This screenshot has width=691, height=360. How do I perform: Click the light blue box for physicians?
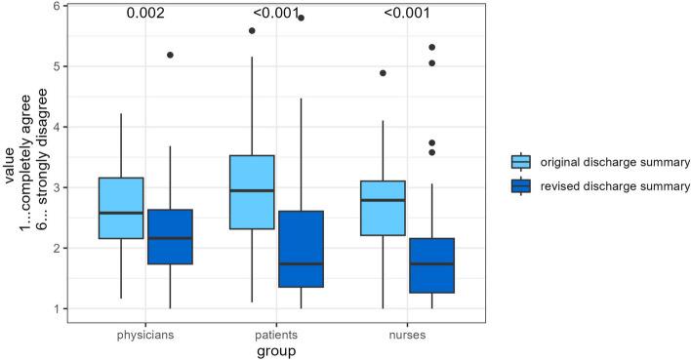click(x=121, y=208)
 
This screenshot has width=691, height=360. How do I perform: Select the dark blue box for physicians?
click(x=170, y=236)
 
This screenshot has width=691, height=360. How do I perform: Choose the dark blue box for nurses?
click(x=430, y=265)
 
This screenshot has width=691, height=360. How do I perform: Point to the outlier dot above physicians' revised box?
click(x=170, y=55)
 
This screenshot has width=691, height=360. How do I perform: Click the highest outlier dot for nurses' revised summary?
click(x=430, y=47)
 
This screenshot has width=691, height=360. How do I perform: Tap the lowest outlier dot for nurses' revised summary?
click(x=430, y=152)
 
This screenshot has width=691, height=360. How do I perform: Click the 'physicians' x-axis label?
click(x=145, y=334)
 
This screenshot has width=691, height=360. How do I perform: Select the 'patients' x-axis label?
click(x=275, y=334)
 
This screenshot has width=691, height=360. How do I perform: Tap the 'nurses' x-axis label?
click(x=406, y=334)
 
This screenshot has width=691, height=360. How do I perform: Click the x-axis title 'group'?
click(x=276, y=351)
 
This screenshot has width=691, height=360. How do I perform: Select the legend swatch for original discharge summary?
click(x=520, y=161)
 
